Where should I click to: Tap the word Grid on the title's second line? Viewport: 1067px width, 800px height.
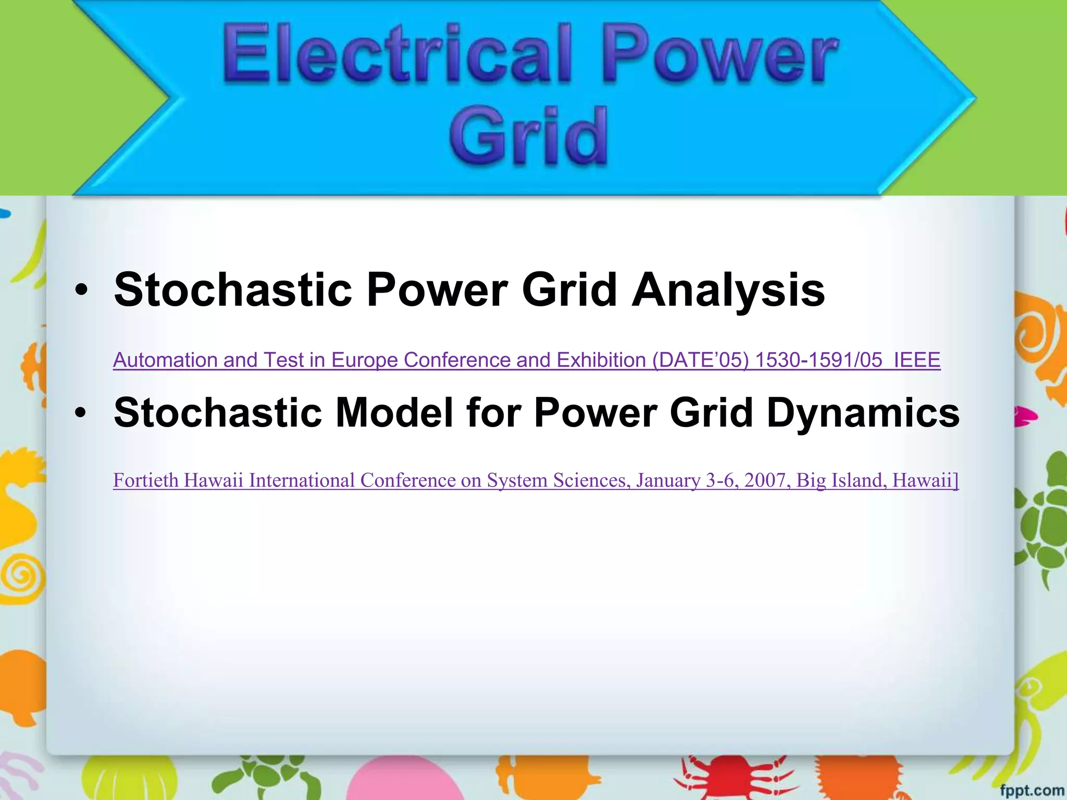(528, 136)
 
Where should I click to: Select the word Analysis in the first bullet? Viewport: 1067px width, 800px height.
(728, 290)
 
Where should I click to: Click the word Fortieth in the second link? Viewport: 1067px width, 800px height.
(145, 480)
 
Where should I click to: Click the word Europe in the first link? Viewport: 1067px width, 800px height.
(364, 360)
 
